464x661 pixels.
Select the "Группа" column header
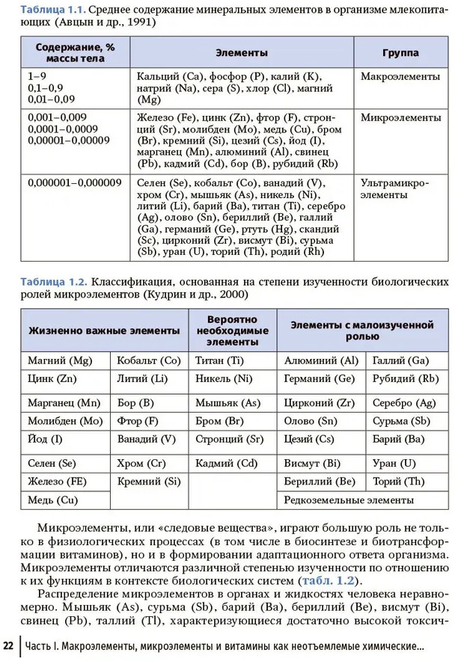400,53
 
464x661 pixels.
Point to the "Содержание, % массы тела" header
75,53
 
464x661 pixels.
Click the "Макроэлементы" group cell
400,76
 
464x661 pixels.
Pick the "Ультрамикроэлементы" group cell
394,188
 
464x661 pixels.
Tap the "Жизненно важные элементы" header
104,330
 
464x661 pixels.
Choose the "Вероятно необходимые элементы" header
233,330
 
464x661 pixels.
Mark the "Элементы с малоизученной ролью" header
362,330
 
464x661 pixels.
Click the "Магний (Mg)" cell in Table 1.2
60,360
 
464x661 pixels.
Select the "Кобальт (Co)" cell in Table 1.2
149,360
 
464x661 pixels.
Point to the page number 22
9,645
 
